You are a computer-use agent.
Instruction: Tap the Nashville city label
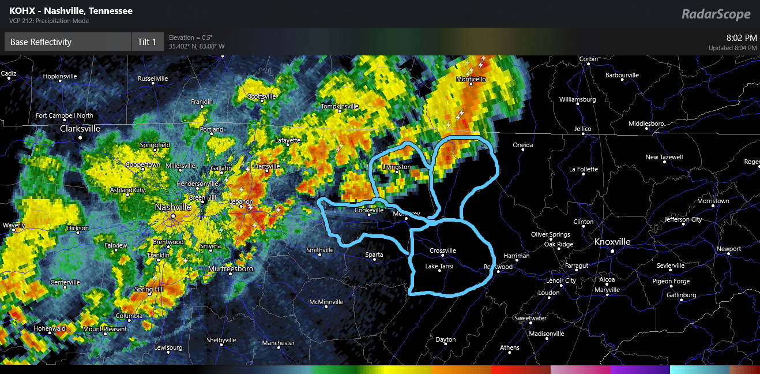173,207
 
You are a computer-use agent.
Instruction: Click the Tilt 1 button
147,42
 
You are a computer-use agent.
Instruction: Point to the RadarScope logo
716,14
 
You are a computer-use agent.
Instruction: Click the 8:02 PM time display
742,38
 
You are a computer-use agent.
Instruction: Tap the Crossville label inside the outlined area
443,251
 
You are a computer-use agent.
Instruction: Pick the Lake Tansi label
439,266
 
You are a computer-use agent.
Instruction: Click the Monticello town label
472,79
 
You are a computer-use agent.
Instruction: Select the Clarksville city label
80,129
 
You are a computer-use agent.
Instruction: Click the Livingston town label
397,167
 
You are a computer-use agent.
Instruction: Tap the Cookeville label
369,210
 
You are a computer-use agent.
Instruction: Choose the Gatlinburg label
681,295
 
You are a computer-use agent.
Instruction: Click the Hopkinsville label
68,76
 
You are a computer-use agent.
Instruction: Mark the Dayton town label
445,339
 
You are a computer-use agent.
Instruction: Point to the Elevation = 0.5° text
191,38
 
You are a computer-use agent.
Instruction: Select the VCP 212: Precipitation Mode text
49,21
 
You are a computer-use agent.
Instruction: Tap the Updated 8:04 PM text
732,48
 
